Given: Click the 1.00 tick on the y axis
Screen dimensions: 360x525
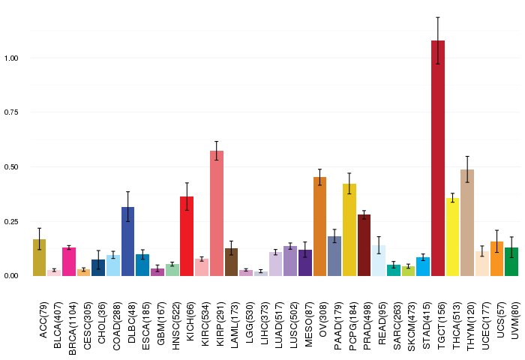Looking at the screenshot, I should (11, 58).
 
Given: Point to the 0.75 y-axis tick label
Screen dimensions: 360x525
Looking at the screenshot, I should (11, 112).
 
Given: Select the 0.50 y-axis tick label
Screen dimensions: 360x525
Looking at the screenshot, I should (11, 166).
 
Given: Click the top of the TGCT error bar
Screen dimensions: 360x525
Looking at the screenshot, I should (438, 16).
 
